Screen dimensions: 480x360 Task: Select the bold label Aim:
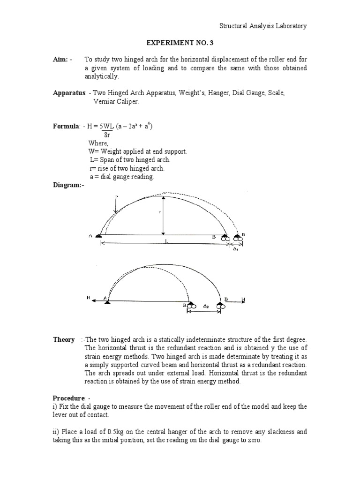pyautogui.click(x=62, y=60)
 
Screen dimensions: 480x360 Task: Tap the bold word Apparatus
pyautogui.click(x=65, y=93)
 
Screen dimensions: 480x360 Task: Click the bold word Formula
pyautogui.click(x=65, y=126)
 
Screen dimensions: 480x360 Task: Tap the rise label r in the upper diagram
pyautogui.click(x=160, y=212)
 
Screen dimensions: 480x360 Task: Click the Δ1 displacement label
pyautogui.click(x=236, y=249)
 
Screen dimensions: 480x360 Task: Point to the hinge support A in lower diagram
pyautogui.click(x=108, y=302)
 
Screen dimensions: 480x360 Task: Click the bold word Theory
pyautogui.click(x=64, y=339)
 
